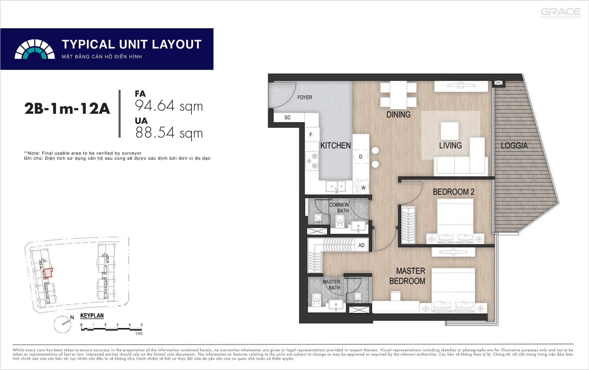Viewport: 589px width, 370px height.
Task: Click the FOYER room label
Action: tap(305, 97)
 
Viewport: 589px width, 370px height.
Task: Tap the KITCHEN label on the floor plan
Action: tap(335, 146)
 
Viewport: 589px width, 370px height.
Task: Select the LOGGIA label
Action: tap(514, 146)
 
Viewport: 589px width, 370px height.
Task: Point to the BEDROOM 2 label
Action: tap(454, 192)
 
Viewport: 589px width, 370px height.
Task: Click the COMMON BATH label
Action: tap(339, 208)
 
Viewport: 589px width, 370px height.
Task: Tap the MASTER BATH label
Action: tap(331, 285)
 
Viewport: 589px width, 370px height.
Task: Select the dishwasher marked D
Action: tap(361, 157)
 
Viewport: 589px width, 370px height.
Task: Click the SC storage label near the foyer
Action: tap(288, 117)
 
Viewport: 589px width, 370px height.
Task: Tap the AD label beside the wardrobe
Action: tap(361, 245)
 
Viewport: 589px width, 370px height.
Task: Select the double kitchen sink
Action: tap(336, 186)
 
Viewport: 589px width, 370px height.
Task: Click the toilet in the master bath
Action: tap(317, 299)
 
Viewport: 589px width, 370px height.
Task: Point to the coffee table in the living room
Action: tap(450, 131)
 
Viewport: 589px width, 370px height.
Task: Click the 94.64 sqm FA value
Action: tap(169, 106)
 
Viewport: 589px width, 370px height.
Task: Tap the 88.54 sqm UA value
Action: tap(169, 132)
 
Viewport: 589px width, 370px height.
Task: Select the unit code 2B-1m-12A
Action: tap(67, 108)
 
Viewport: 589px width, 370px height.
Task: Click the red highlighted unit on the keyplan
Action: tap(48, 273)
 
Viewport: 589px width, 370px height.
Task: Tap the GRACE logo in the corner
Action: tap(561, 13)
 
